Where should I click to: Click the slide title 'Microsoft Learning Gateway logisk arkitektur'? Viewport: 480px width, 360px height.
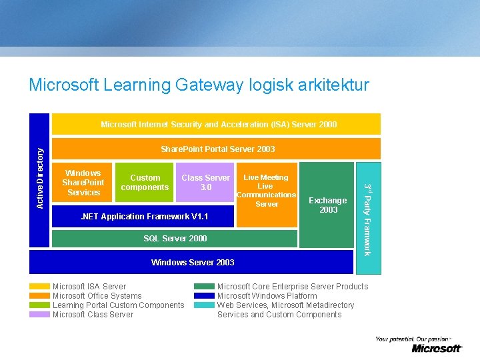coord(199,85)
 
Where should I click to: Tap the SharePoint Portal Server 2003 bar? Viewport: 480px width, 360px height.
coord(217,149)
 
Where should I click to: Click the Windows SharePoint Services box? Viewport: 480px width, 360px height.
coord(83,183)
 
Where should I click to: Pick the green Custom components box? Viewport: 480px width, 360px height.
coord(145,183)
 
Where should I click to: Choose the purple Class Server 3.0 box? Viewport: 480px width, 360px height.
coord(205,183)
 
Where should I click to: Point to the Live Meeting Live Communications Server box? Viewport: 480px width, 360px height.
coord(266,191)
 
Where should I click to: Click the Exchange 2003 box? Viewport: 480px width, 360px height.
coord(327,205)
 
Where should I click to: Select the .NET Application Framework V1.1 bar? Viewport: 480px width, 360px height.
coord(143,217)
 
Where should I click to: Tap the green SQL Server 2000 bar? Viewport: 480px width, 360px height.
coord(175,239)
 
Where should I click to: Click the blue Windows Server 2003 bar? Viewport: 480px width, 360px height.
coord(192,262)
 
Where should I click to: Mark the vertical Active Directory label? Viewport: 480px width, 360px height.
coord(40,178)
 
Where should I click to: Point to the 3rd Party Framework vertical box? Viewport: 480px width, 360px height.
coord(368,219)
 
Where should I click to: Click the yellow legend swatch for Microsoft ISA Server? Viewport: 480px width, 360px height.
coord(39,287)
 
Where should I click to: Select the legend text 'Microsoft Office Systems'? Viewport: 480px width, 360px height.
coord(97,296)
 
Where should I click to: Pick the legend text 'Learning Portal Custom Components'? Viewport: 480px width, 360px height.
coord(118,305)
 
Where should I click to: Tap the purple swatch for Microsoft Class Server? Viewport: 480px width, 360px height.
coord(39,315)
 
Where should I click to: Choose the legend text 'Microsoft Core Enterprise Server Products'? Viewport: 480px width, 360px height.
coord(292,287)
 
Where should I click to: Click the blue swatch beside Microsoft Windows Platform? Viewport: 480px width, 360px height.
coord(204,296)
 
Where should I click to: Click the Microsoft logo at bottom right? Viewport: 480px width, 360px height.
coord(436,348)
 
